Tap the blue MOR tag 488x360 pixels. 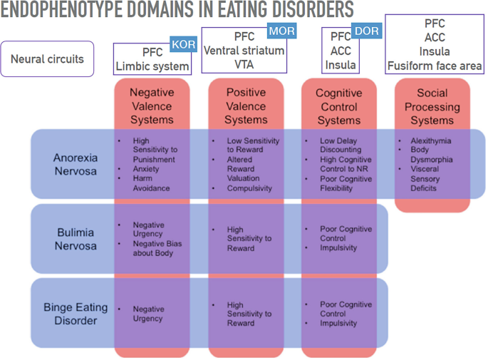pos(281,31)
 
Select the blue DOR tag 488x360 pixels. pos(367,31)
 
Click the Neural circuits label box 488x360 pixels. pos(48,58)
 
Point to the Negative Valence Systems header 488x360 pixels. pos(152,106)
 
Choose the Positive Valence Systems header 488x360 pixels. pos(246,106)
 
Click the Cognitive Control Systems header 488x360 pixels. pos(339,106)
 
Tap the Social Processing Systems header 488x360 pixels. pos(432,106)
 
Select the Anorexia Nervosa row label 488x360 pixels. pos(76,164)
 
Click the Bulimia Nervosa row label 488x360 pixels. pos(76,239)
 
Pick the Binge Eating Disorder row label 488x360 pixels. pos(76,314)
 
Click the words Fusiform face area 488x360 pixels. pos(435,66)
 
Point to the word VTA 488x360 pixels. pos(244,64)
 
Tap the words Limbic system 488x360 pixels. pos(152,67)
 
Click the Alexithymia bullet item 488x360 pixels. pos(430,141)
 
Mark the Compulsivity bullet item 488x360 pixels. pos(249,188)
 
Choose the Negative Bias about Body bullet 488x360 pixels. pos(157,248)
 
